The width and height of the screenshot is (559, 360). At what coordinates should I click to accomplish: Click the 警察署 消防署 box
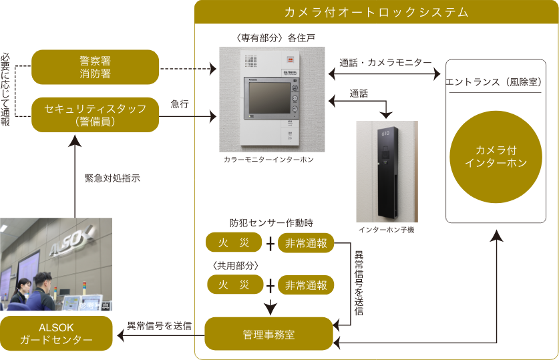[95, 67]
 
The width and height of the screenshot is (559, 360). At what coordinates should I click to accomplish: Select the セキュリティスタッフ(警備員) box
[95, 114]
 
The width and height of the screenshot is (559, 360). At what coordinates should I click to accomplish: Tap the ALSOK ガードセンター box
[56, 333]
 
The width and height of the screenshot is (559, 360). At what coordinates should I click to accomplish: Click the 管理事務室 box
[268, 333]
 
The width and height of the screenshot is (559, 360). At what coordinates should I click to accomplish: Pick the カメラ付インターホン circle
[496, 158]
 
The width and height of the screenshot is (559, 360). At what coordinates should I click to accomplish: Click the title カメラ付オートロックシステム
[376, 12]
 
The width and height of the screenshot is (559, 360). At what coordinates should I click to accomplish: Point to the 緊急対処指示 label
[112, 179]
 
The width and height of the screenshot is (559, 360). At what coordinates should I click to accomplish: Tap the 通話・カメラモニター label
[385, 62]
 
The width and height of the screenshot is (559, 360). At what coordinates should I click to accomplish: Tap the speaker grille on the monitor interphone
[251, 61]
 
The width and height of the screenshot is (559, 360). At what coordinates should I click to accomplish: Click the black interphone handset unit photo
[387, 171]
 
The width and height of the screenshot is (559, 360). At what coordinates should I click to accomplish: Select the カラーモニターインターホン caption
[268, 160]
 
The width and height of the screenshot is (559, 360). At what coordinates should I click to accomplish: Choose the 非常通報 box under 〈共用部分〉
[305, 285]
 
